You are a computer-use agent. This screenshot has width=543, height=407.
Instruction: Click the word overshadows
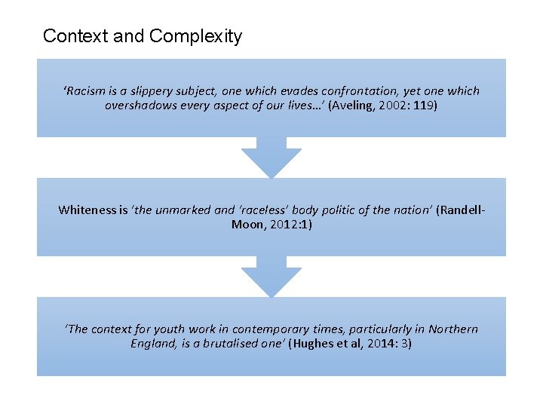(140, 106)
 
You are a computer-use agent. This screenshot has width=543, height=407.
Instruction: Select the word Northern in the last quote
(453, 329)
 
